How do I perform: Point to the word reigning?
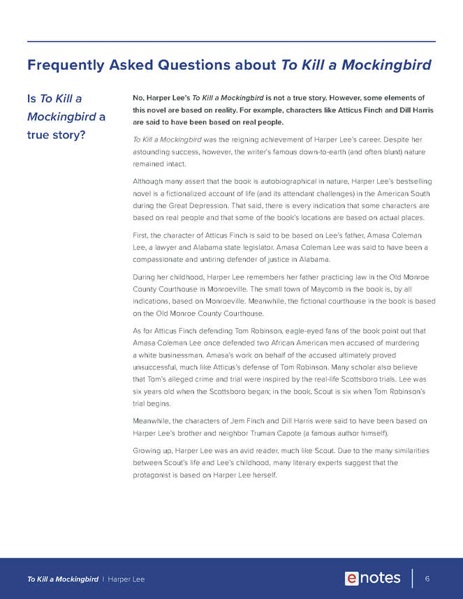point(254,140)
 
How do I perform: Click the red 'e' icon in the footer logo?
point(352,578)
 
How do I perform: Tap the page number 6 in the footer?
point(427,578)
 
